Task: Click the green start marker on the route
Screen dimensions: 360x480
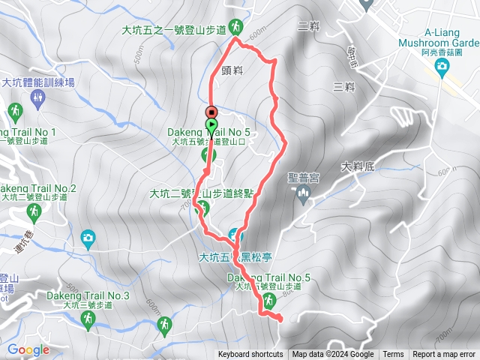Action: [x=212, y=125]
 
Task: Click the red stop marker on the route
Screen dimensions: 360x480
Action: [x=211, y=112]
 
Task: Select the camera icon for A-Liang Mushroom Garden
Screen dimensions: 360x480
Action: [x=442, y=67]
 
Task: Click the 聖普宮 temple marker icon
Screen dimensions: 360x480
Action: [x=303, y=196]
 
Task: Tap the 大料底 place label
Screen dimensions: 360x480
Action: [x=356, y=166]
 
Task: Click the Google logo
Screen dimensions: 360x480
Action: [x=28, y=349]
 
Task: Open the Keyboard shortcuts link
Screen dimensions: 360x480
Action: [x=250, y=355]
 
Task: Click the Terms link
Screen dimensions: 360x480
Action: [x=393, y=355]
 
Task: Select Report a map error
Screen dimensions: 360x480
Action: [x=444, y=355]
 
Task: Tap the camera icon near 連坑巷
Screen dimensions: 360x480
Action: [x=88, y=239]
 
